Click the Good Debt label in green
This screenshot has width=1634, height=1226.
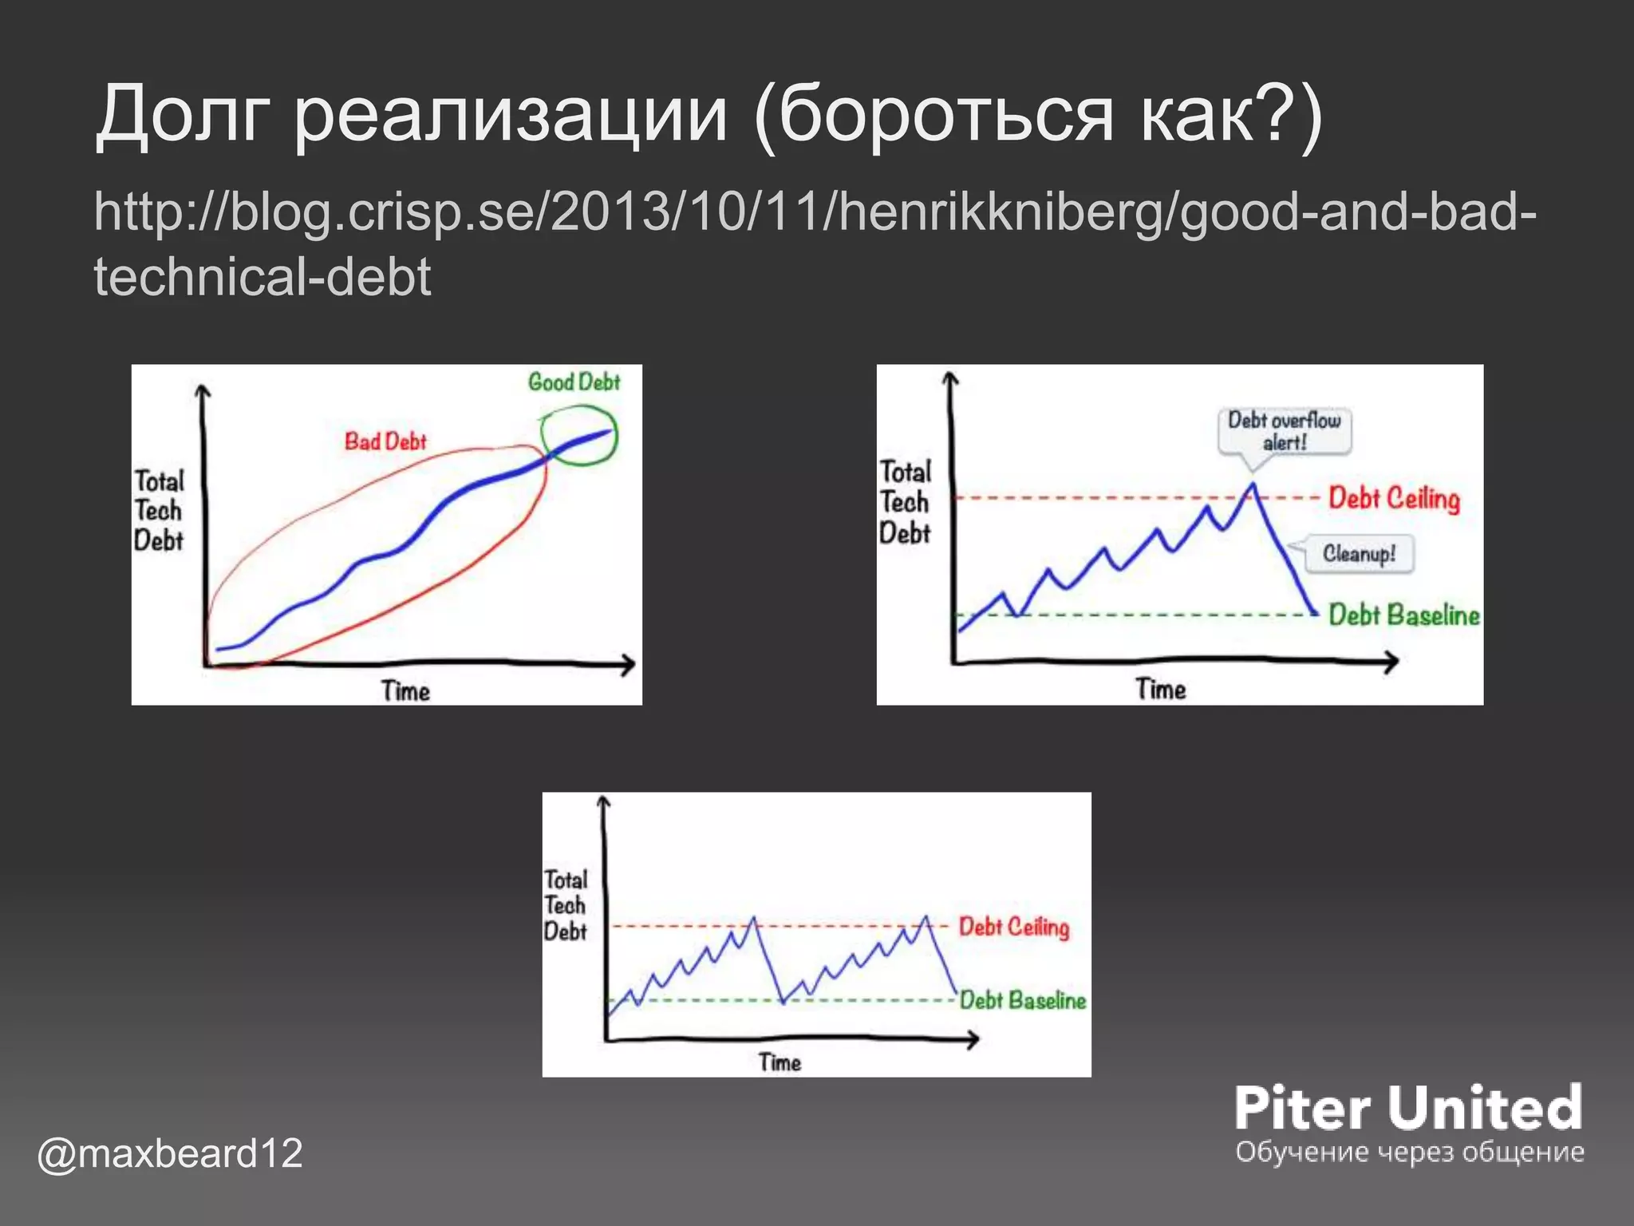coord(574,382)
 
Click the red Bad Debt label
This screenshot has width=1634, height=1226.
coord(385,441)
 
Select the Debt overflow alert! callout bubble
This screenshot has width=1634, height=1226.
coord(1284,431)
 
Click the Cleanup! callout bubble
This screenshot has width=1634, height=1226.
coord(1359,553)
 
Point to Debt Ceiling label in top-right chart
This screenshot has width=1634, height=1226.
coord(1394,498)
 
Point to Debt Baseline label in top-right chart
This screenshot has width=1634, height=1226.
coord(1403,615)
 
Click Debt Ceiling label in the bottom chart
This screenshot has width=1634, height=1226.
coord(1013,927)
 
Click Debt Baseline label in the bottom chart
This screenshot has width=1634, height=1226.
coord(1022,1000)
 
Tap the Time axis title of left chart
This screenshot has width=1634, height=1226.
coord(405,690)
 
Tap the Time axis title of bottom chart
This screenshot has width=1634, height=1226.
coord(780,1062)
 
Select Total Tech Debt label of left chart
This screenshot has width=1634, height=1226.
coord(159,511)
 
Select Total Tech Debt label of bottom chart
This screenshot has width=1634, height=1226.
coord(565,905)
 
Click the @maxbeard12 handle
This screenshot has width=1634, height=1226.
coord(170,1153)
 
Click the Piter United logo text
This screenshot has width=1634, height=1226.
coord(1407,1109)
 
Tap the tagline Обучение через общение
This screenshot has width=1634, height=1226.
coord(1409,1152)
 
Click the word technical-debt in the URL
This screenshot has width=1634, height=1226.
coord(262,276)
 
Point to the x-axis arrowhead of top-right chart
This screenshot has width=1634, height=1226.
coord(1393,661)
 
